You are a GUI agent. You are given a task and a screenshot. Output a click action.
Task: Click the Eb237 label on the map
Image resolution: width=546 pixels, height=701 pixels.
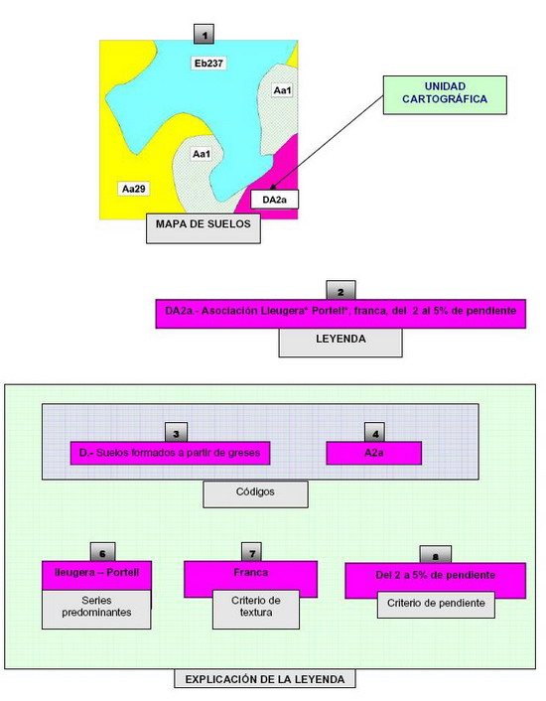tap(208, 63)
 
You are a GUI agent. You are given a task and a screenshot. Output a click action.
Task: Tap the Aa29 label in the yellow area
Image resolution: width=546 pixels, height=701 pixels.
tap(134, 189)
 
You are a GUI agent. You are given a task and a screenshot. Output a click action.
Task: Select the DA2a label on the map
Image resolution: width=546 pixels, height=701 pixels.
tap(274, 200)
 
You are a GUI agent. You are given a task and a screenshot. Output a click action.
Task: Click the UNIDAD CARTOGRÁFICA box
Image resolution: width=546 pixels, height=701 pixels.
tap(445, 94)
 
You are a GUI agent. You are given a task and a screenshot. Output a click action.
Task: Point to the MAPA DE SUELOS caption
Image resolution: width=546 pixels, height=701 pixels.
tap(204, 228)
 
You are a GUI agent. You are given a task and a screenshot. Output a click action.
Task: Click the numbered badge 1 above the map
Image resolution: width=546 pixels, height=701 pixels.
tap(204, 35)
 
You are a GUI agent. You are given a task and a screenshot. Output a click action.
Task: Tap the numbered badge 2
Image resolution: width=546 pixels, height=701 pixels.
tap(341, 291)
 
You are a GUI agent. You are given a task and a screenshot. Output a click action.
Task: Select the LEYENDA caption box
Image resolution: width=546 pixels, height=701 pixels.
tap(341, 343)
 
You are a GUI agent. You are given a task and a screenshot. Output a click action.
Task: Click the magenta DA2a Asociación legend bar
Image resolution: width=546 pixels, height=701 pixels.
tap(341, 314)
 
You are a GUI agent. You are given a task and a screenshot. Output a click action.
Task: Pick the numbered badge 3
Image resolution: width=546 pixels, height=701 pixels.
tap(176, 432)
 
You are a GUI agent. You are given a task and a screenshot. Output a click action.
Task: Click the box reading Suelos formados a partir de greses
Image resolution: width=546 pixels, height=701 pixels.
tap(170, 453)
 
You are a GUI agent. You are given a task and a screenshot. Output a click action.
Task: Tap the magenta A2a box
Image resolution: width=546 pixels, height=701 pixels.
tap(373, 453)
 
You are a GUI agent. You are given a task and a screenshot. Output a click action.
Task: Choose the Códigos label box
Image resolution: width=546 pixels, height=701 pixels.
tap(255, 494)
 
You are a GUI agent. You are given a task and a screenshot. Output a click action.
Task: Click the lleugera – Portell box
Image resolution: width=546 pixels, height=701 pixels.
tap(96, 575)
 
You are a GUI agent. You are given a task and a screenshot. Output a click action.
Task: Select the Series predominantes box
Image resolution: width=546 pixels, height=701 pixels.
tap(96, 610)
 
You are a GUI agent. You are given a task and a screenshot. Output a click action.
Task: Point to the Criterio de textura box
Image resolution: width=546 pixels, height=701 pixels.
tap(255, 610)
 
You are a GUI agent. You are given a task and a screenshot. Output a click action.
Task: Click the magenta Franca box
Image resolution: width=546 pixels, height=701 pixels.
tap(250, 576)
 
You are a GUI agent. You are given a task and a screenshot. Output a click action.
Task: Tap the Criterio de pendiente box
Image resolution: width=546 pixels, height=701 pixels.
tap(436, 605)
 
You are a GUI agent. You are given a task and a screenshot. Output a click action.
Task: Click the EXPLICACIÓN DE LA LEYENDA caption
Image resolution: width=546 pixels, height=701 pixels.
tap(265, 678)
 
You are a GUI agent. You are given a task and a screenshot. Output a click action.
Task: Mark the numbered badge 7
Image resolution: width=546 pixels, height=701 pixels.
tap(251, 553)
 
